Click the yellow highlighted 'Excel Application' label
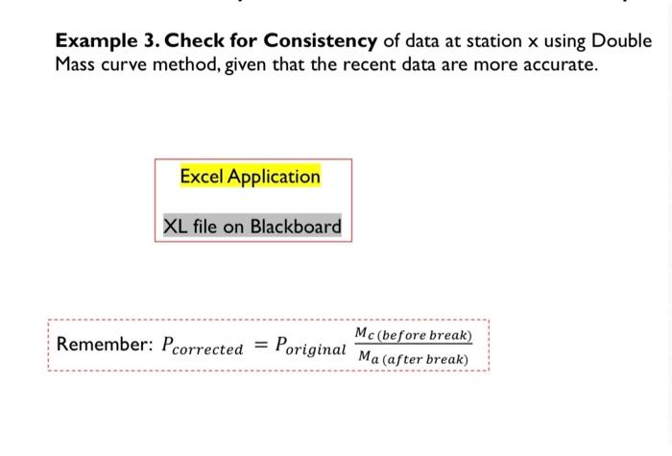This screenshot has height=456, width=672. point(250,177)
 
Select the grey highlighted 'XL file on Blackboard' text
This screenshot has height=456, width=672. point(252,227)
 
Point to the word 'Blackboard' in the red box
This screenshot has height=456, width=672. point(296,227)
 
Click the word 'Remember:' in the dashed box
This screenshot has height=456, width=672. point(97,345)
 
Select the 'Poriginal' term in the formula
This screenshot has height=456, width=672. point(309,347)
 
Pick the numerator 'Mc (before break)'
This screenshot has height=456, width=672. point(414,335)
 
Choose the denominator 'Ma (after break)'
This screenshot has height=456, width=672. point(413,359)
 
